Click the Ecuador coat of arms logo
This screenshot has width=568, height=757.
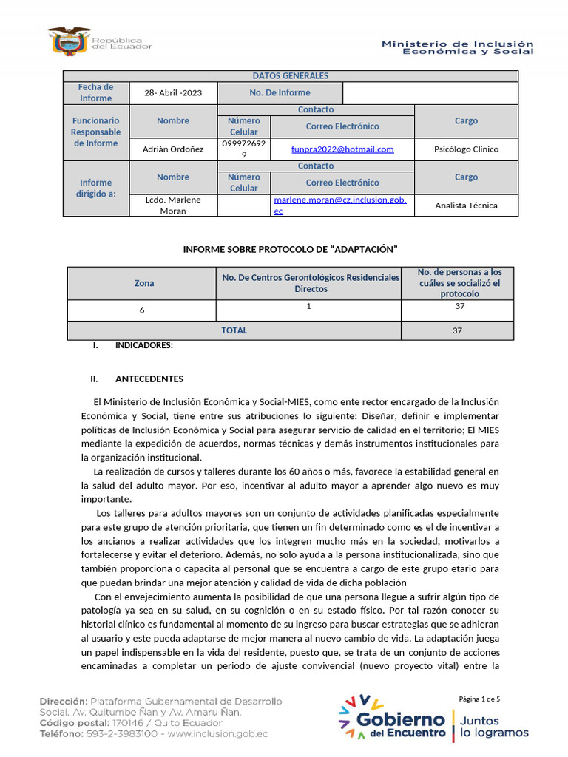[70, 41]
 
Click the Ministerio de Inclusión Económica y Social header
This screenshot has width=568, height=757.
[457, 47]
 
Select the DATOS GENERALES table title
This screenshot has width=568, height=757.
[290, 76]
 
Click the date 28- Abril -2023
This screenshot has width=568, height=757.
[173, 93]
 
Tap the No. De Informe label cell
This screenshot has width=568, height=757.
[280, 93]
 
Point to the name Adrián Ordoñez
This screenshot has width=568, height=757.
[173, 149]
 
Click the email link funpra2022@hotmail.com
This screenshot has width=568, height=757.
[342, 149]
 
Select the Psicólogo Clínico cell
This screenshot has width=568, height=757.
[466, 149]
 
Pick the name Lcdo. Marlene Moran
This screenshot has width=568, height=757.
[173, 205]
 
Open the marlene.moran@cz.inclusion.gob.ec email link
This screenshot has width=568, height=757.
[340, 205]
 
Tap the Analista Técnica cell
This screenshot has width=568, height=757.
[466, 206]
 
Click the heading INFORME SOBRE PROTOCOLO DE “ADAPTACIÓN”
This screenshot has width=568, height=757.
[291, 249]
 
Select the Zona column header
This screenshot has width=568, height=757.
[144, 283]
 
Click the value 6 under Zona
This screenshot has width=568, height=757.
[142, 310]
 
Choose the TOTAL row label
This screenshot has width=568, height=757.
[234, 330]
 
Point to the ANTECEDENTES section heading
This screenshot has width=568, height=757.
[149, 379]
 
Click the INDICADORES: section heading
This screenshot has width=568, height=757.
[143, 345]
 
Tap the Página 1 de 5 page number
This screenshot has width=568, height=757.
[479, 699]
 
